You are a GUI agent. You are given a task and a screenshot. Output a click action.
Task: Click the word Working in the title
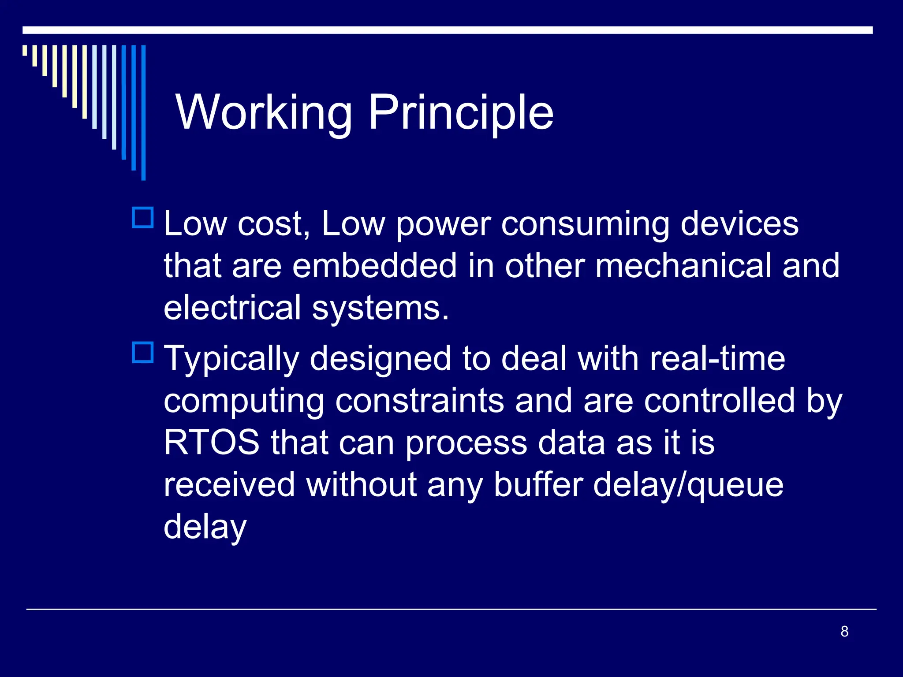264,113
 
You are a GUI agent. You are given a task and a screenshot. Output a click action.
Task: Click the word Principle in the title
460,113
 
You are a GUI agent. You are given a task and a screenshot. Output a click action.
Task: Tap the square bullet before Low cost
143,218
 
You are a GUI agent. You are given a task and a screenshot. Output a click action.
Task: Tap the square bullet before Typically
143,353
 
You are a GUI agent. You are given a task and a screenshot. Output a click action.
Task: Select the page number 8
844,632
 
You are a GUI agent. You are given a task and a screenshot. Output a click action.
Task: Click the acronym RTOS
212,443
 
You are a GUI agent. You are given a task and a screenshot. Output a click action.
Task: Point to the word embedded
374,266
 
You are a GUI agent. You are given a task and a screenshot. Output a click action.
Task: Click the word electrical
232,308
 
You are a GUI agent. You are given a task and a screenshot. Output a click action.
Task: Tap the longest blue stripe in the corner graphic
143,112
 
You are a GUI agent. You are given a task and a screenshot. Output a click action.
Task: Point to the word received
229,485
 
